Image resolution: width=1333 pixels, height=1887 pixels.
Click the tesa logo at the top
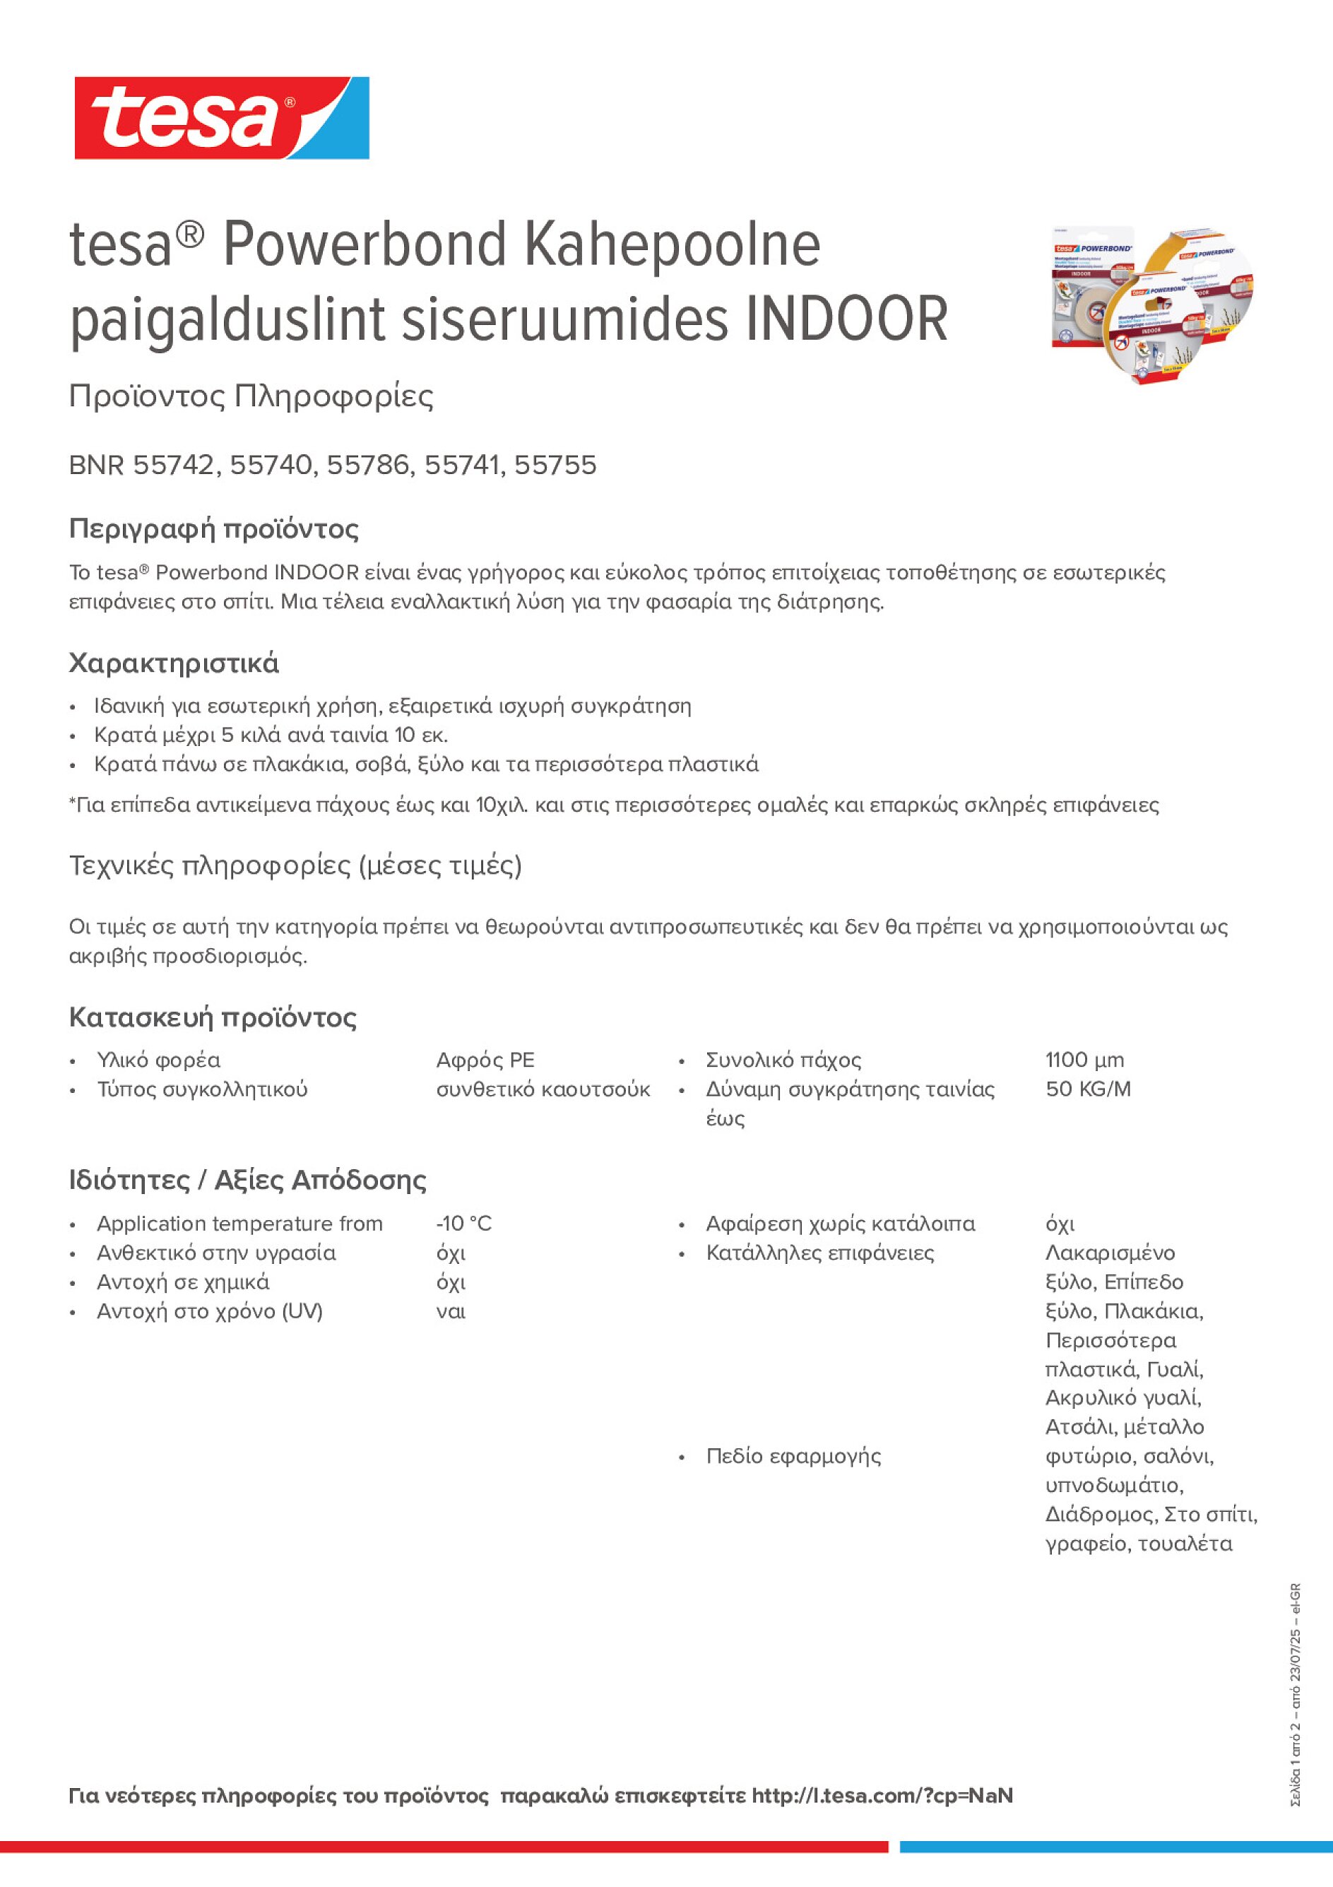(221, 119)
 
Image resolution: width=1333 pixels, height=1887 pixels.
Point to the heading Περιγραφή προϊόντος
(213, 528)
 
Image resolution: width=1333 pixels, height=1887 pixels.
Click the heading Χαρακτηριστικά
(173, 663)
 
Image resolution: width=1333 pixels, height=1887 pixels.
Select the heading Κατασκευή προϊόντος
(212, 1017)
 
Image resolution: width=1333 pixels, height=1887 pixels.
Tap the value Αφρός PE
(485, 1060)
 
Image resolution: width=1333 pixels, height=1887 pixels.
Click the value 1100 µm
(1085, 1060)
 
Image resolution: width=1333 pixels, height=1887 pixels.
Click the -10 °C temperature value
(463, 1224)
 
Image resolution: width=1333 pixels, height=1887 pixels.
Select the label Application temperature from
(239, 1224)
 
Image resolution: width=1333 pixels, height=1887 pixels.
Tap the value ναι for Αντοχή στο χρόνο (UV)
(451, 1311)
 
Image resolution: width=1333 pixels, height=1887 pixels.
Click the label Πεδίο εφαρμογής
(793, 1456)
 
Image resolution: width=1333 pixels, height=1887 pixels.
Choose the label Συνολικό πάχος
(783, 1060)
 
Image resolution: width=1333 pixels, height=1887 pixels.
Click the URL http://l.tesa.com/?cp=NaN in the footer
(882, 1796)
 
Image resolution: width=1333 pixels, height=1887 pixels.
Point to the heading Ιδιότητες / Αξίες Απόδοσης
(247, 1181)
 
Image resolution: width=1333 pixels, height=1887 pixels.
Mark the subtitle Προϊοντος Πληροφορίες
(251, 396)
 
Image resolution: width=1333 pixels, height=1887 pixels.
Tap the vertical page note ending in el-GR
(1296, 1693)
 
